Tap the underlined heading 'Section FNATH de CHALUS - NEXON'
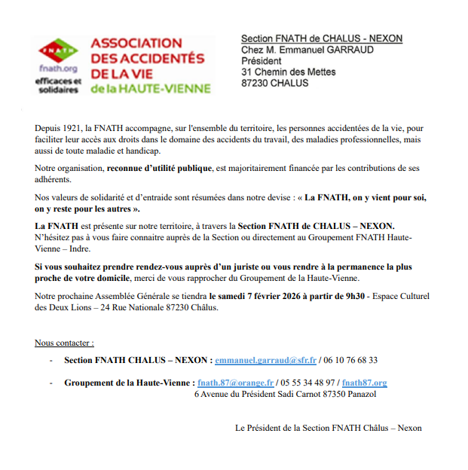click(x=321, y=38)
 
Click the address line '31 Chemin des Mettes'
click(x=288, y=72)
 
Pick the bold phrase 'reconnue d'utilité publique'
click(x=159, y=169)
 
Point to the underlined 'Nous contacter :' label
click(x=65, y=343)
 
